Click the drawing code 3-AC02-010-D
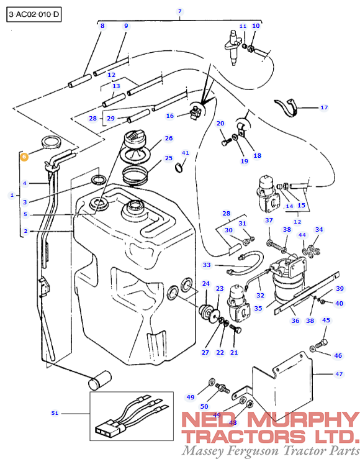(x=35, y=14)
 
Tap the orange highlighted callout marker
(x=24, y=157)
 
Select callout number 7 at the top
(x=180, y=12)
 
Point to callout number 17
(x=323, y=107)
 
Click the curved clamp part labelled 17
(x=287, y=107)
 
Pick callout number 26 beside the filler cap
(x=168, y=138)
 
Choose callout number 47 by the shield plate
(x=339, y=374)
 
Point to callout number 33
(x=207, y=265)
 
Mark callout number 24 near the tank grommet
(x=205, y=284)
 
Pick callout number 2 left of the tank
(x=25, y=231)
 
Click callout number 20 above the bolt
(x=220, y=124)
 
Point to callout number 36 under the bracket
(x=295, y=320)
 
